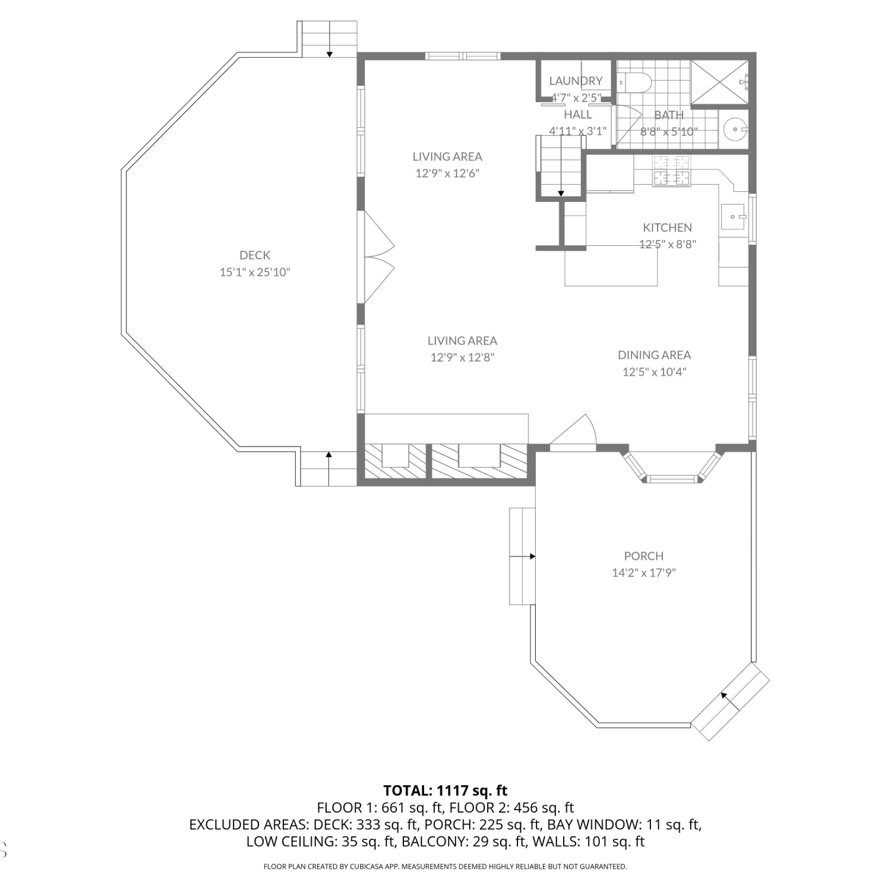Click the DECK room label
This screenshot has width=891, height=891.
click(255, 255)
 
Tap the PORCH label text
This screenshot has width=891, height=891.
click(644, 556)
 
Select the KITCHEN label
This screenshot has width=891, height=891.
click(668, 228)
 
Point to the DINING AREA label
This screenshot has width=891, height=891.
click(655, 355)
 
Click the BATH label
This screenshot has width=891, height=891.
click(669, 115)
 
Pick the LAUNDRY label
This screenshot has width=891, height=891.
click(576, 81)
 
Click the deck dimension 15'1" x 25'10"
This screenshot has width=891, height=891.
click(255, 272)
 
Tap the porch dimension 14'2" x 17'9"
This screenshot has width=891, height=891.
click(644, 573)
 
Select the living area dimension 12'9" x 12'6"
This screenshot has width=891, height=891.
click(447, 173)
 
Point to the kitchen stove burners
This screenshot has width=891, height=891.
click(672, 170)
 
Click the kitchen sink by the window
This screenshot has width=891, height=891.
click(733, 217)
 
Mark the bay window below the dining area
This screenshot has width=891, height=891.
click(672, 467)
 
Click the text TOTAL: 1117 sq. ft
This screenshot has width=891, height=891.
click(445, 791)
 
